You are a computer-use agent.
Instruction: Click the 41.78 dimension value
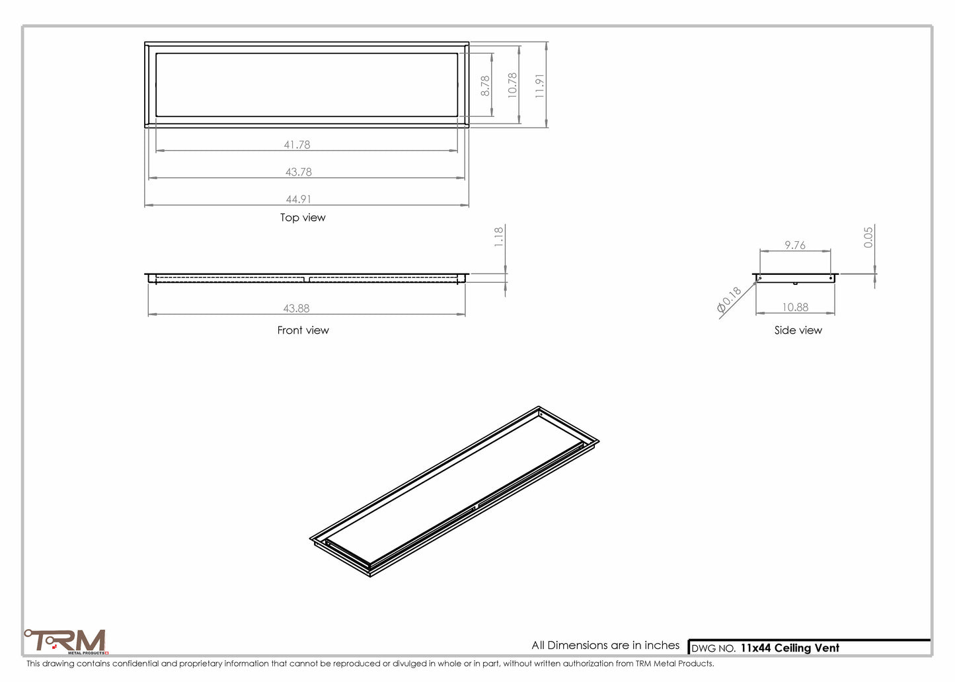297,145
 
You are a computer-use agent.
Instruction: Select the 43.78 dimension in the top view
298,172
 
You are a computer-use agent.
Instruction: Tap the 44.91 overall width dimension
298,199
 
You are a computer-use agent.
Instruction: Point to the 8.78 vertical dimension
485,86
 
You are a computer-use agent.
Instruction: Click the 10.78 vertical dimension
512,86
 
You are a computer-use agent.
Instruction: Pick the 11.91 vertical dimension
540,86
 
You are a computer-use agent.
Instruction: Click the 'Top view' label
303,217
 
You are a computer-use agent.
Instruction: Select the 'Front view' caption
303,330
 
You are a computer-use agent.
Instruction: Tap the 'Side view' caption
798,330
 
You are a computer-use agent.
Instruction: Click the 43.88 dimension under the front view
296,308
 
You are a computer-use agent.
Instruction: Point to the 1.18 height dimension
499,237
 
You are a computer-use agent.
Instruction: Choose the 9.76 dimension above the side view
794,245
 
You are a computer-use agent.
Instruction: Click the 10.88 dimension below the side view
794,307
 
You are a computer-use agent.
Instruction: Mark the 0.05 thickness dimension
868,237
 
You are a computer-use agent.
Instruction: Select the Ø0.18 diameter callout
729,299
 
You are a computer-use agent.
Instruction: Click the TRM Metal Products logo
66,642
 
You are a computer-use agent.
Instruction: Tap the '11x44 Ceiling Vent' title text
789,648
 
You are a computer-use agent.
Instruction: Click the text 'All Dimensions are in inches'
605,645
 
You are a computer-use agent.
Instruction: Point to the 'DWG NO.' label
713,649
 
